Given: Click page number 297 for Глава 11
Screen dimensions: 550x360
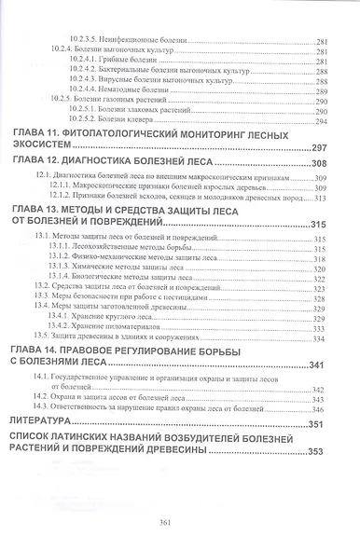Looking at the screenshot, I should click(321, 150).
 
